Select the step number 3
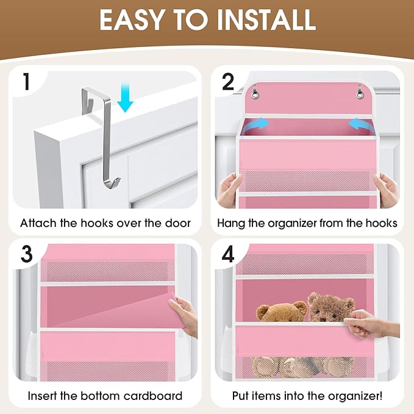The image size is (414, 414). (x=26, y=255)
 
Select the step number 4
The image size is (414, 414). (x=228, y=255)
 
